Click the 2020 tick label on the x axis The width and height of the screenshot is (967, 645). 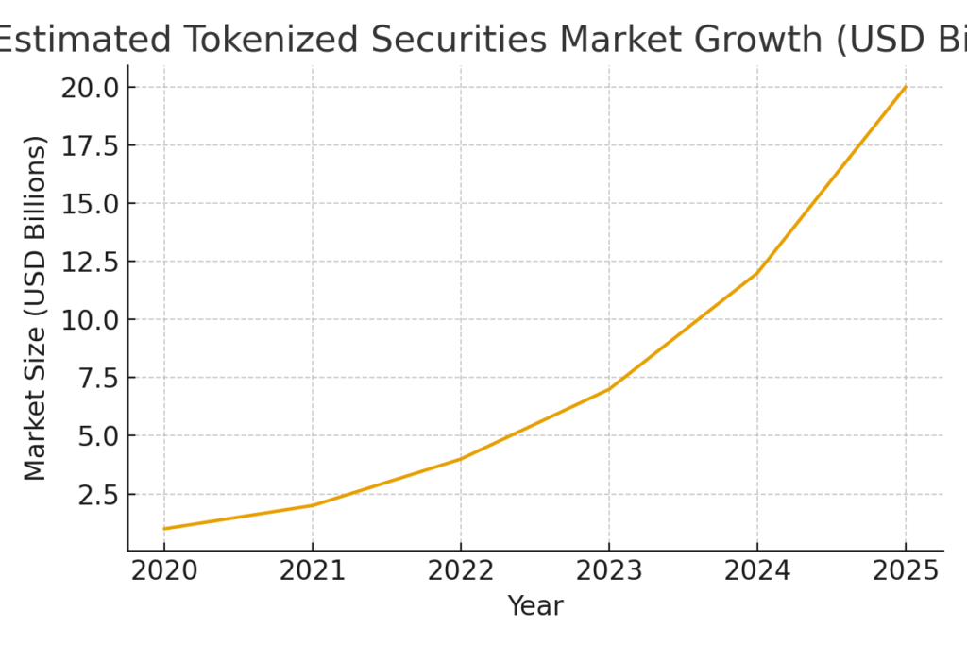pos(164,571)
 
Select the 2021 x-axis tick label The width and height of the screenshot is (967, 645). pos(313,571)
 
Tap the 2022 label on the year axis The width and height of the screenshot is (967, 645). pos(461,571)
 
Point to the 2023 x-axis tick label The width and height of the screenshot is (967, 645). pos(609,571)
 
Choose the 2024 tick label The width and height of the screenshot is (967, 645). pos(757,571)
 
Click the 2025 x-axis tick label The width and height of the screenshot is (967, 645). pos(906,571)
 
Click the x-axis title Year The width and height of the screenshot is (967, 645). pos(534,605)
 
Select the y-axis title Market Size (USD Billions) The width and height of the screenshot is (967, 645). pos(35,309)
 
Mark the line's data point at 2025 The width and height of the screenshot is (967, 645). pos(906,87)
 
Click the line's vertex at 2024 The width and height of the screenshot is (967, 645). pos(757,273)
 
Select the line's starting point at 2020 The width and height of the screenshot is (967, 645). pos(164,529)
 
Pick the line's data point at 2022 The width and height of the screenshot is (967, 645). pos(461,459)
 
